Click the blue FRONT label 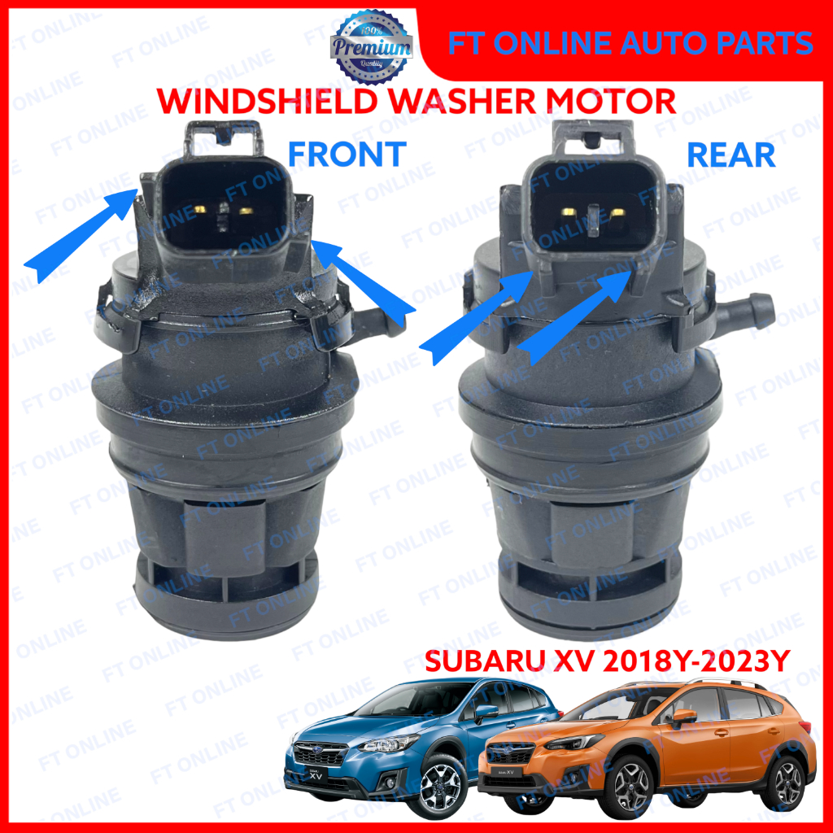click(x=345, y=153)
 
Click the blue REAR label click(x=731, y=155)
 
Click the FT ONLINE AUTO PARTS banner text click(x=630, y=41)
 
